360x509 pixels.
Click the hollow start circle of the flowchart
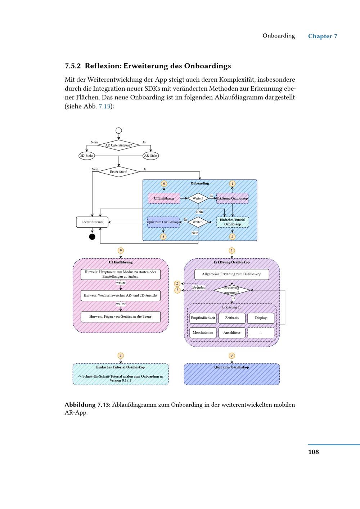(x=119, y=131)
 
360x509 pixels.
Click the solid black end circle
(x=92, y=237)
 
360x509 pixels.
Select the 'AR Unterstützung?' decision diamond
(x=118, y=146)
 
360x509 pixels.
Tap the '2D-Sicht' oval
(x=86, y=156)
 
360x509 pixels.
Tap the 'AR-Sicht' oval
(x=151, y=156)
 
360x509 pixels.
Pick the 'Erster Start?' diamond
(x=118, y=172)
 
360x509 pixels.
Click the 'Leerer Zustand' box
(x=92, y=222)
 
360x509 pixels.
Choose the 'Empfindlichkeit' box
(x=203, y=318)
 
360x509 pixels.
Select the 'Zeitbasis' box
(x=232, y=318)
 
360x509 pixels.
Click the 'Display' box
(x=261, y=318)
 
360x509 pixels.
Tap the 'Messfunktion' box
(x=203, y=333)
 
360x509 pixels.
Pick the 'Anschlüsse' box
(x=232, y=333)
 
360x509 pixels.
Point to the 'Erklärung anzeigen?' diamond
(x=231, y=290)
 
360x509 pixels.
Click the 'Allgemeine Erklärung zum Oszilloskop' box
(x=231, y=274)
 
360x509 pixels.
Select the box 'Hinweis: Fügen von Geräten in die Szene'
(x=120, y=317)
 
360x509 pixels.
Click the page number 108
(x=314, y=452)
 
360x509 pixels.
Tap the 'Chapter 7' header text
(x=323, y=36)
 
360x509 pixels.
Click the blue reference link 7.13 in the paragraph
(x=104, y=106)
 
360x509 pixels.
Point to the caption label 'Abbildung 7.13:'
(x=87, y=405)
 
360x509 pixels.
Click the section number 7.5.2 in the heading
(x=73, y=66)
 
